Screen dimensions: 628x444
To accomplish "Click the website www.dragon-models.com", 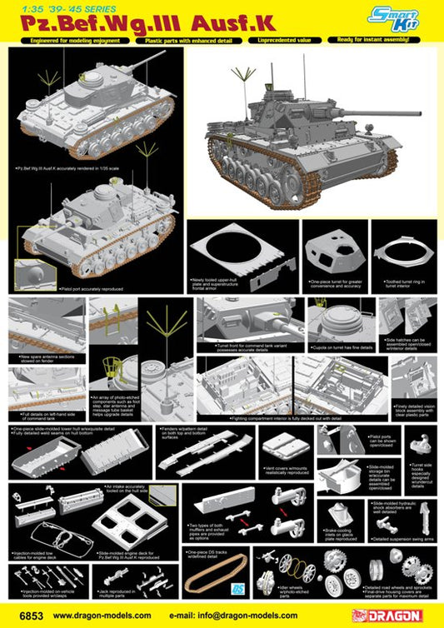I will coord(100,615).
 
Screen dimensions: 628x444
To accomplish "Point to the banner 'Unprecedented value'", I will coord(271,40).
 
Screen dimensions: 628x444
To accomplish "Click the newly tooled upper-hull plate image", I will coord(240,251).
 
